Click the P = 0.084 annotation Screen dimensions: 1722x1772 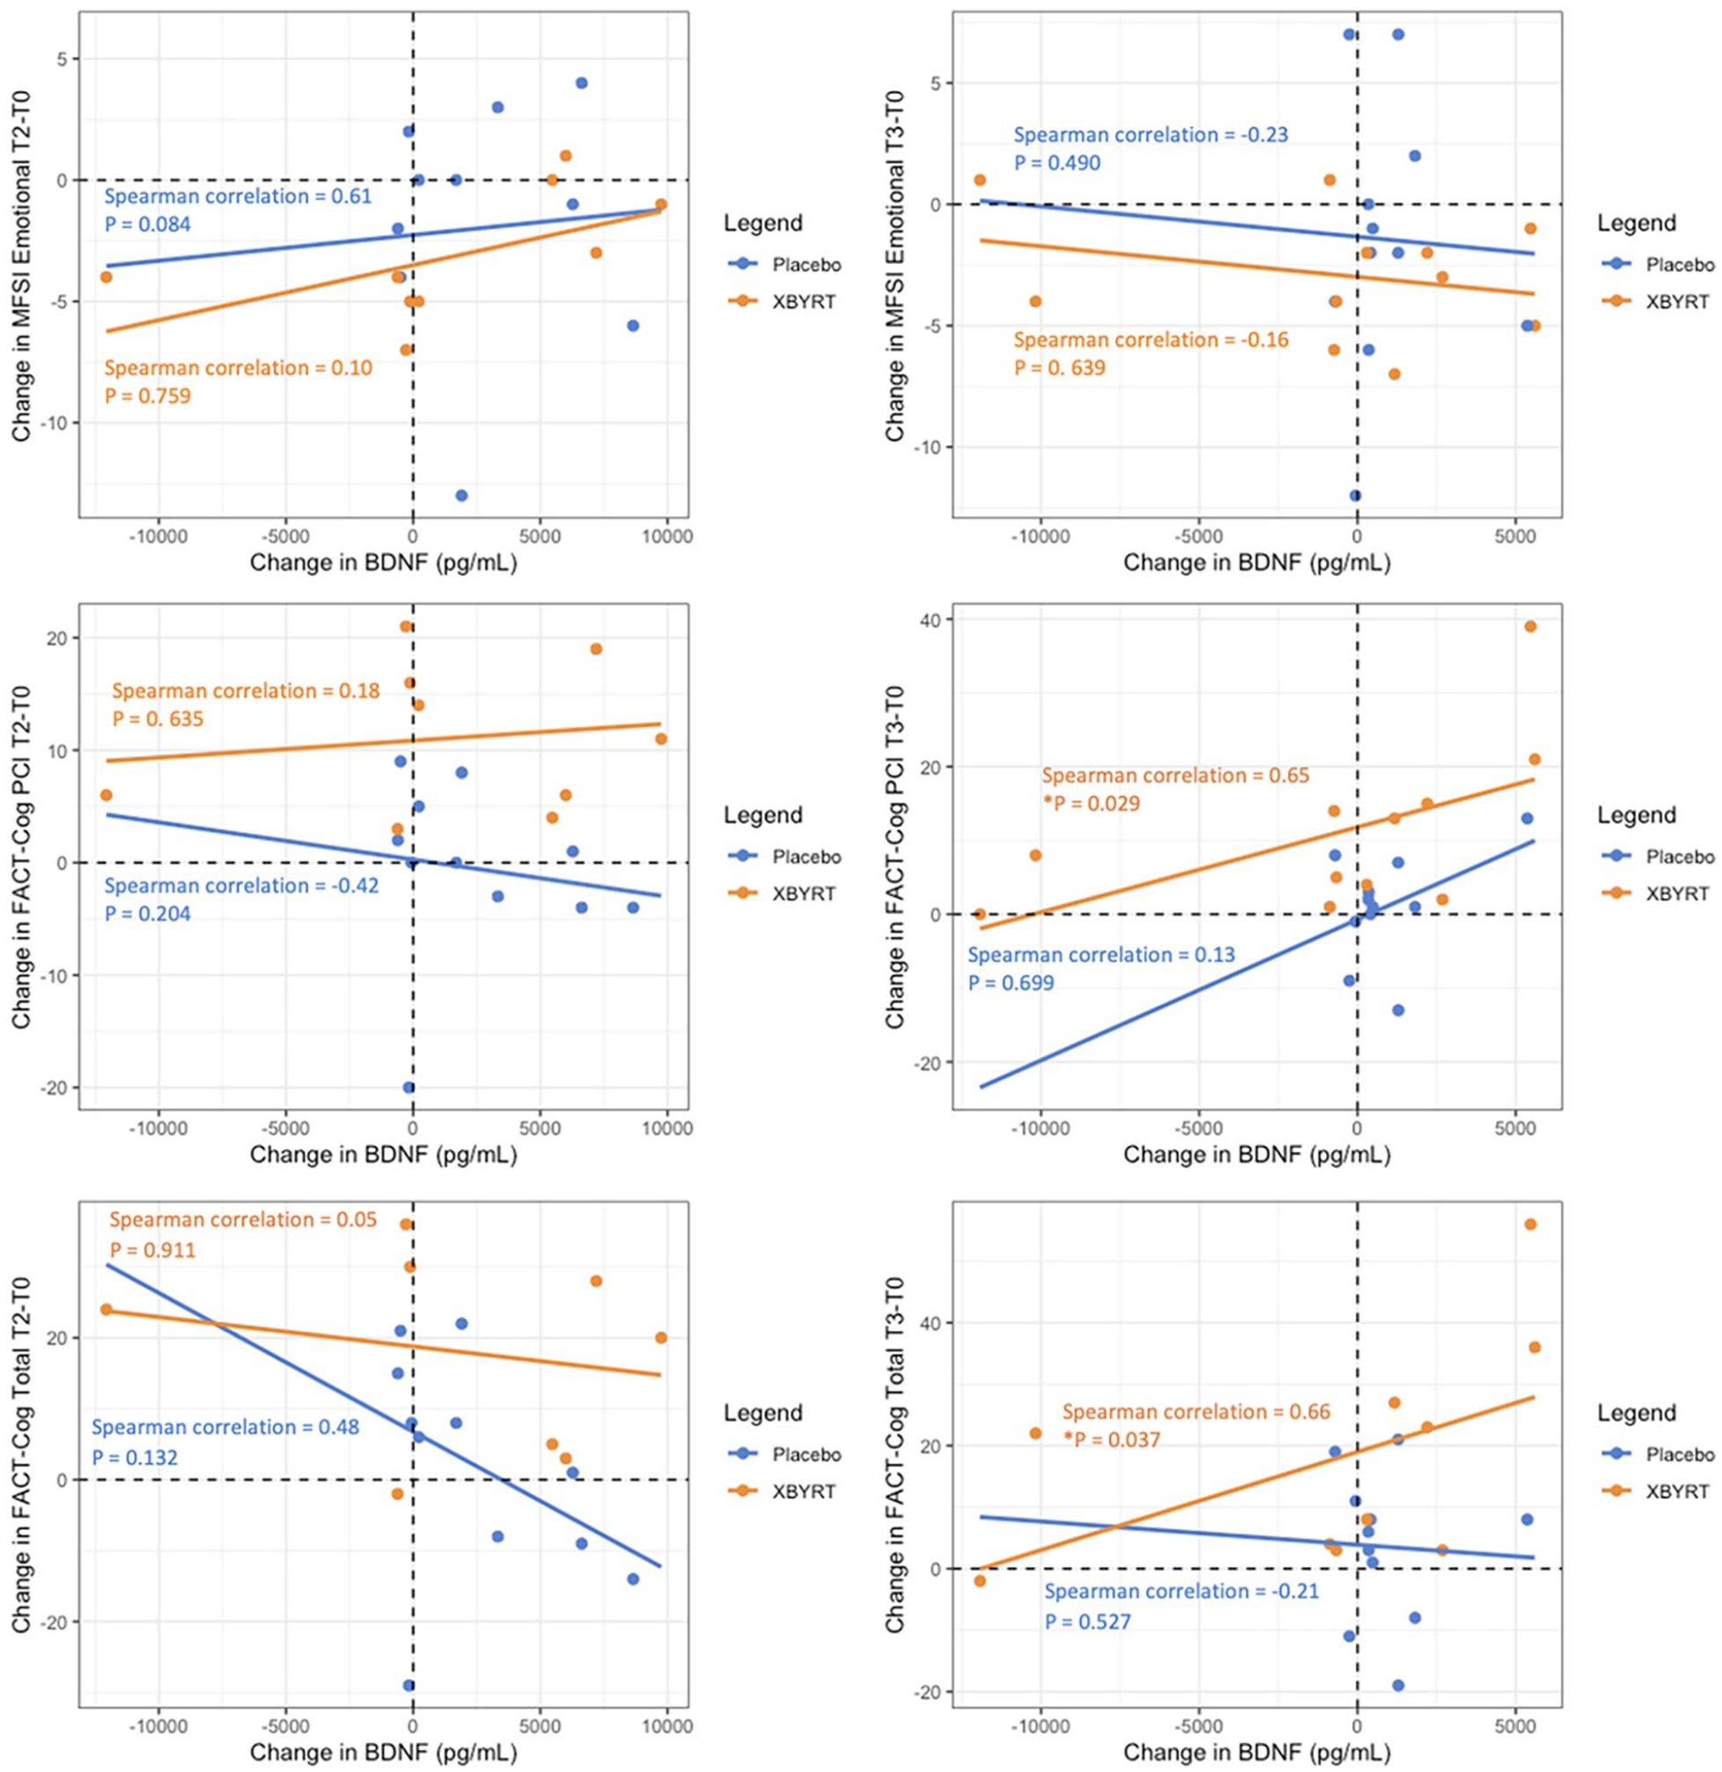pyautogui.click(x=147, y=224)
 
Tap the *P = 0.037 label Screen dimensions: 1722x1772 pyautogui.click(x=1111, y=1439)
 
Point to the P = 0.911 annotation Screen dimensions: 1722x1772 pyautogui.click(x=152, y=1250)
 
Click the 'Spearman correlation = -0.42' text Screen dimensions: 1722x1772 pyautogui.click(x=241, y=886)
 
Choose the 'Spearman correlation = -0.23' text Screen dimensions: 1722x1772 pyautogui.click(x=1151, y=135)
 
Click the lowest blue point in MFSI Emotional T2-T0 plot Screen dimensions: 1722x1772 pyautogui.click(x=461, y=496)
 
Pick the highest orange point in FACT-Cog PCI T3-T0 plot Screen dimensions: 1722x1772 pyautogui.click(x=1530, y=626)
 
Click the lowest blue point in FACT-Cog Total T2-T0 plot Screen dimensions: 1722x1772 pyautogui.click(x=408, y=1685)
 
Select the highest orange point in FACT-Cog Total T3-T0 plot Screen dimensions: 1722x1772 pyautogui.click(x=1530, y=1224)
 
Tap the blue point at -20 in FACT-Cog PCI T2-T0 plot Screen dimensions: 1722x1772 pyautogui.click(x=408, y=1087)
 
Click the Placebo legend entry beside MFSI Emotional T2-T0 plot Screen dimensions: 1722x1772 pyautogui.click(x=784, y=265)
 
